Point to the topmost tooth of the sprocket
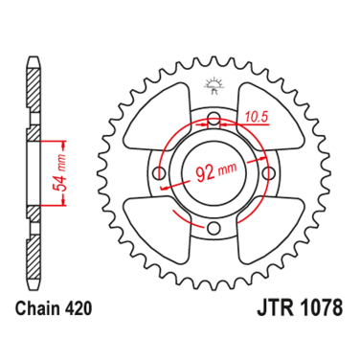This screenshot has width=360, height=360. tap(214, 60)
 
